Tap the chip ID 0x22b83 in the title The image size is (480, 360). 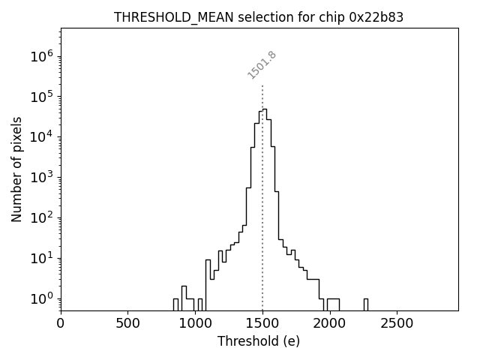tap(376, 17)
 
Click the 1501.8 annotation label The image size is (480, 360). tap(262, 65)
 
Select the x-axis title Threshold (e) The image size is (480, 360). tap(259, 341)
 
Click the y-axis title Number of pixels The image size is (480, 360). tap(16, 169)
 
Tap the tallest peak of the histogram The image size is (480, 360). tap(265, 109)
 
